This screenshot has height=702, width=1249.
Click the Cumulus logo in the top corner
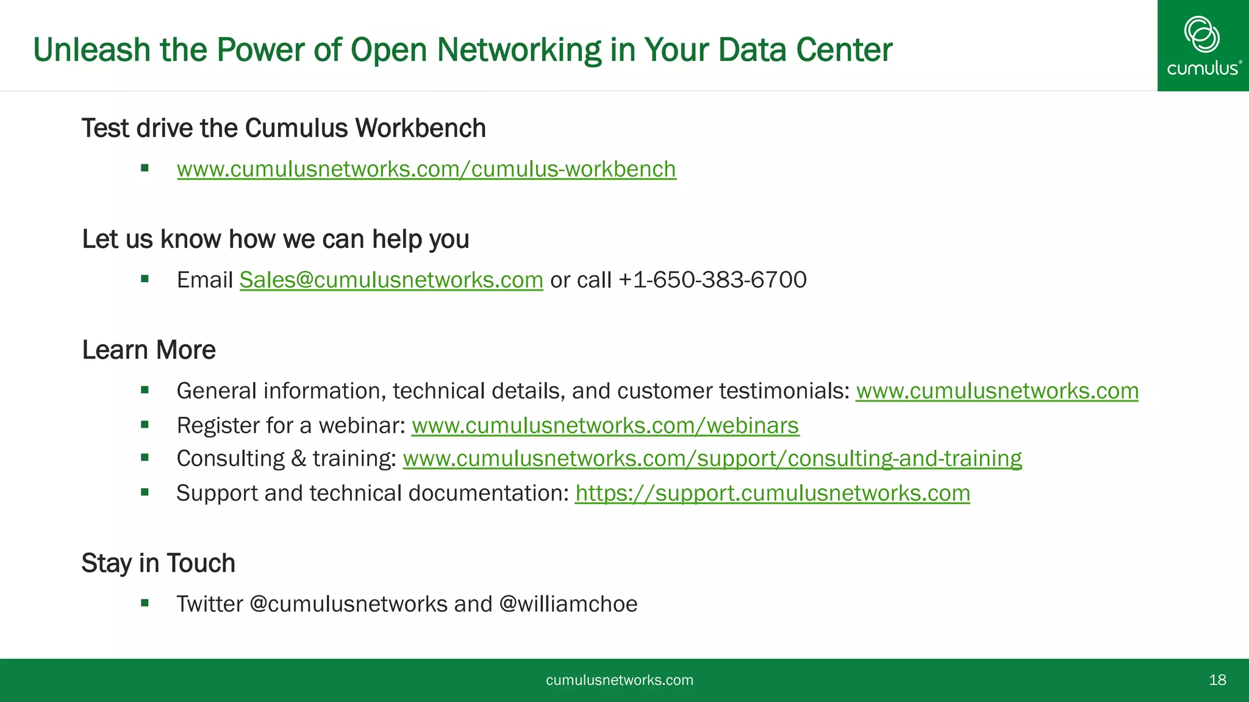[1203, 46]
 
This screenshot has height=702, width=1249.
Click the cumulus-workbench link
[426, 169]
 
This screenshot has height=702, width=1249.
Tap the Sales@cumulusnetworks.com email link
[391, 280]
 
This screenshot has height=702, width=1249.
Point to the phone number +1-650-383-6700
[712, 280]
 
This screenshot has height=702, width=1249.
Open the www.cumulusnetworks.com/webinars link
[605, 425]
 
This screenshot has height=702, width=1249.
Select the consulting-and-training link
[712, 458]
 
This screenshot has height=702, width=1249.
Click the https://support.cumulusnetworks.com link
[772, 493]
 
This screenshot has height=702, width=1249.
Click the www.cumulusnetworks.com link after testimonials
[997, 391]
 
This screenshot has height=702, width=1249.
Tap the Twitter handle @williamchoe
[568, 604]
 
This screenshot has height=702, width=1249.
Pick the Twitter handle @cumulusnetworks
[349, 604]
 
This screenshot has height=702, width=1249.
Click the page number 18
[1217, 680]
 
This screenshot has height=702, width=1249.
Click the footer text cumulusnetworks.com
[619, 680]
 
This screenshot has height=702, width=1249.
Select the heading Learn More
[149, 350]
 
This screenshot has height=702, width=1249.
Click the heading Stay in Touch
[158, 563]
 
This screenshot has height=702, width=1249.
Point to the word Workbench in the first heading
[421, 129]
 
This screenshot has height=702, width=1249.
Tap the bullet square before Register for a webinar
[145, 425]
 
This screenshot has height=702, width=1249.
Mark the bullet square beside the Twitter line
[145, 603]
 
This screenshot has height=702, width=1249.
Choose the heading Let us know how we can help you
[275, 239]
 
